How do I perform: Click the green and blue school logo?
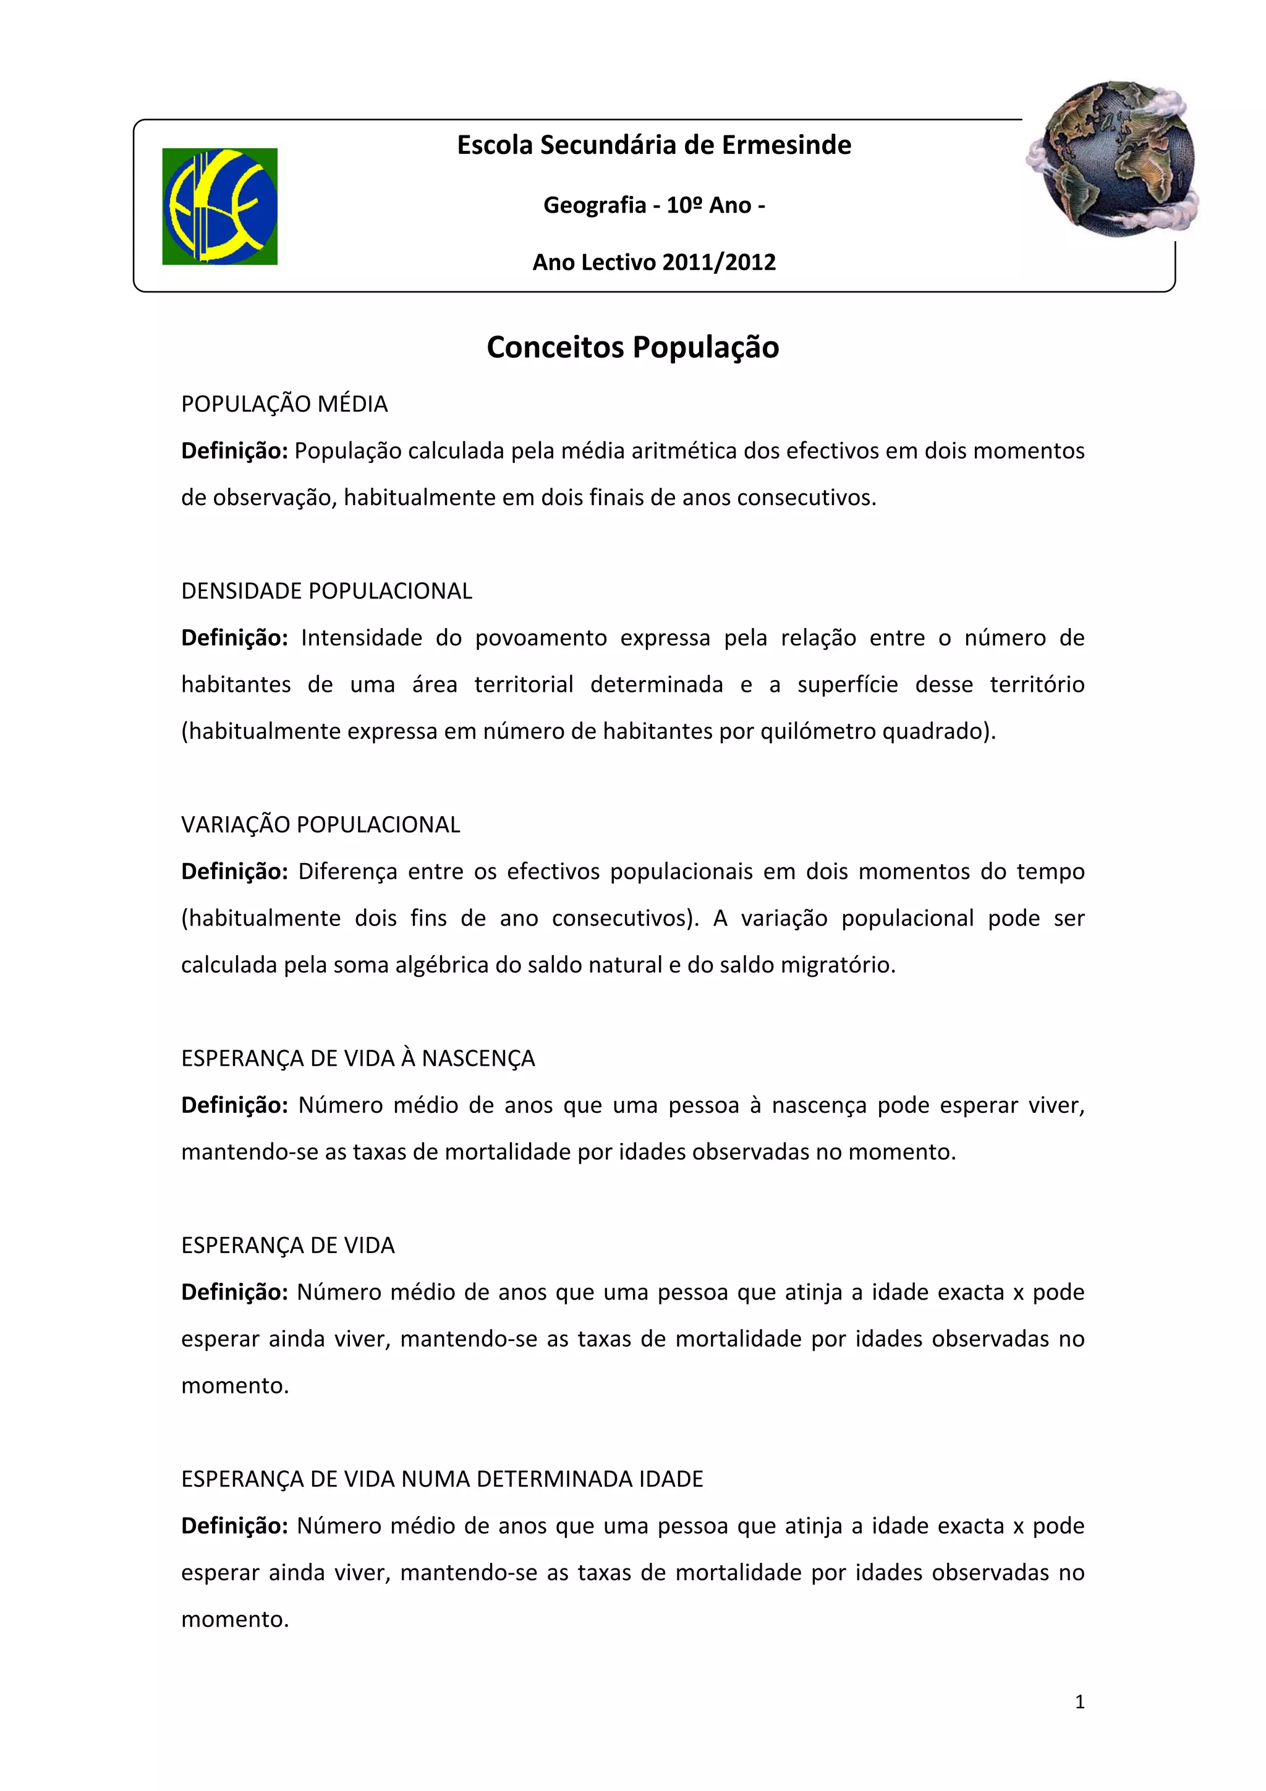tap(219, 206)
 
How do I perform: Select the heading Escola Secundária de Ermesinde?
tap(653, 145)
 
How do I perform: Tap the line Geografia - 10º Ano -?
tap(653, 205)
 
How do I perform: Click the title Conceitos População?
tap(632, 347)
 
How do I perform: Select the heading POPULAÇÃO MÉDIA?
tap(284, 404)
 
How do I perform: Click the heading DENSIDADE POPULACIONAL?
tap(326, 591)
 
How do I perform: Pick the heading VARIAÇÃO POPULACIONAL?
tap(321, 825)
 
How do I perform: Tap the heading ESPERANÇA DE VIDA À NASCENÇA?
tap(358, 1058)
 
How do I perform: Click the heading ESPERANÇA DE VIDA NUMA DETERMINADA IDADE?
tap(441, 1479)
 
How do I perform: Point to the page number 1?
tap(1079, 1702)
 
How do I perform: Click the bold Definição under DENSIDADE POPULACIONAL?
tap(235, 638)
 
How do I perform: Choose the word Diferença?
tap(348, 871)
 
